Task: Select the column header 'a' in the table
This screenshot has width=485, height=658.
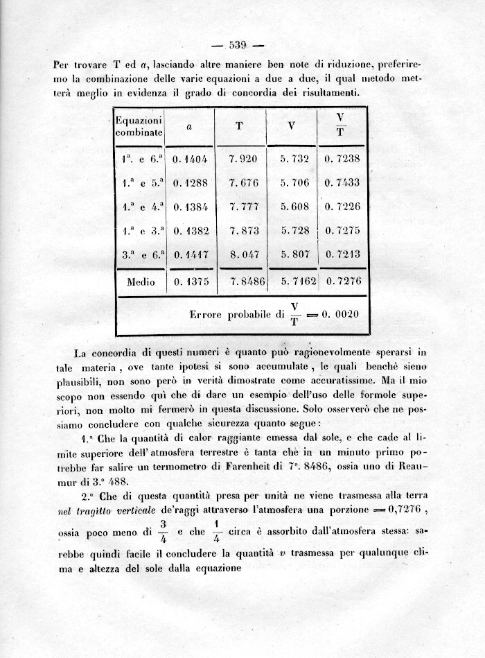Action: tap(189, 127)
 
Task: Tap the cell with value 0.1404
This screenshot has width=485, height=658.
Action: tap(190, 159)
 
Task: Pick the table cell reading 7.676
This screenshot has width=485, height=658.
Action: tap(242, 182)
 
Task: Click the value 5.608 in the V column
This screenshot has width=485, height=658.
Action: tap(294, 207)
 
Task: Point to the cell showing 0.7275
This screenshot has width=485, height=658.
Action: tap(342, 230)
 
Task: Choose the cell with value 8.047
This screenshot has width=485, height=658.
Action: tap(242, 254)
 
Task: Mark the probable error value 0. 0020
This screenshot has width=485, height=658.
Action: tap(339, 314)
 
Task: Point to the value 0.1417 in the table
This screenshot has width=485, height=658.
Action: tap(190, 254)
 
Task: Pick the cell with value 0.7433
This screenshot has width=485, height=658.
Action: tap(342, 182)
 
